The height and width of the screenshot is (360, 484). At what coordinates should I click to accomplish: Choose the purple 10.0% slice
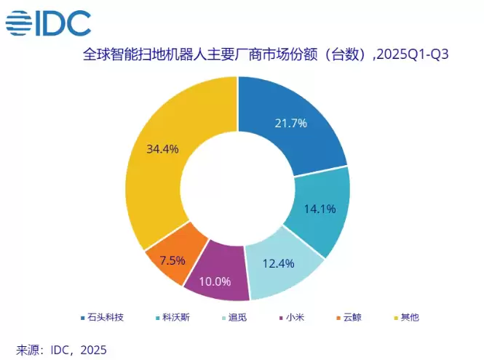pyautogui.click(x=216, y=277)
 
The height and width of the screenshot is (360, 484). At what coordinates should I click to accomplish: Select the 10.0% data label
pyautogui.click(x=216, y=281)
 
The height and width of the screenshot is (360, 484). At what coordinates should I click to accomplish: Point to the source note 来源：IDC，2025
pyautogui.click(x=62, y=350)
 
